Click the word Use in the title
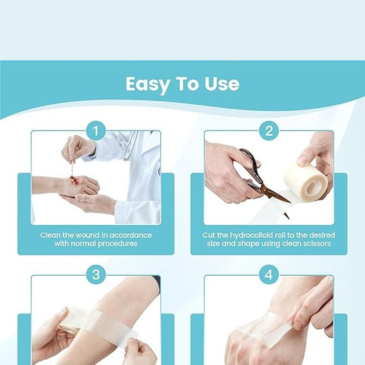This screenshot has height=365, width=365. tap(222, 84)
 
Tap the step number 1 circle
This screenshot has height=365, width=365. tap(96, 130)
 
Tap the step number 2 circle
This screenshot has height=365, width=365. tap(269, 130)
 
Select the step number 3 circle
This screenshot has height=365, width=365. tap(96, 274)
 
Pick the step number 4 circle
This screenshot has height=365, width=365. tap(269, 274)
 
